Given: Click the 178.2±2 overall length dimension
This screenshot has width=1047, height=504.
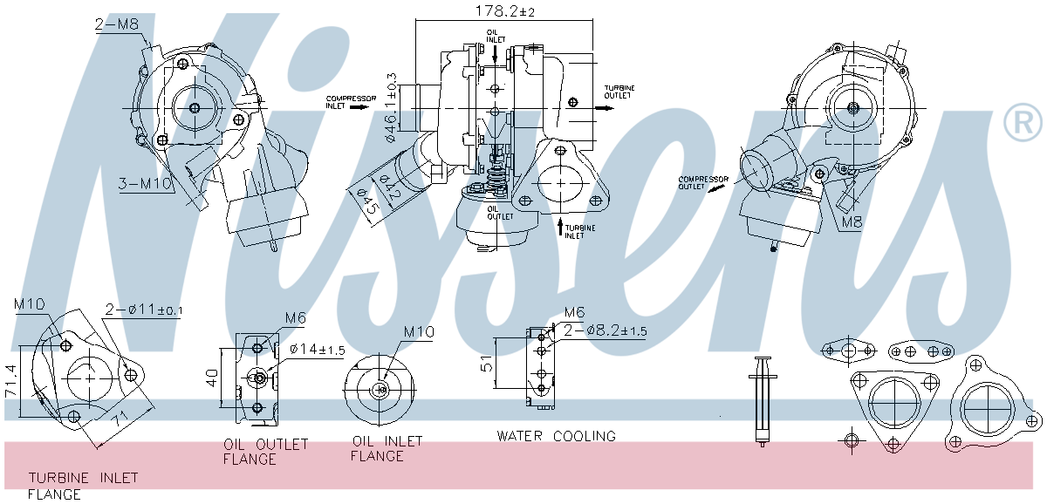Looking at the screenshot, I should [x=504, y=11].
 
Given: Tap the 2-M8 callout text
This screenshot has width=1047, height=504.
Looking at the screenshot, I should [x=117, y=25].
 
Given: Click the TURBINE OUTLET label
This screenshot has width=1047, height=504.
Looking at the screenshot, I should [x=620, y=93].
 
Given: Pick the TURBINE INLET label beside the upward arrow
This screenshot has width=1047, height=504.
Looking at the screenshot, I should [x=580, y=231].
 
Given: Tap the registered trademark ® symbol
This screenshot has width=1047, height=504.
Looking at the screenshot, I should [x=1023, y=123].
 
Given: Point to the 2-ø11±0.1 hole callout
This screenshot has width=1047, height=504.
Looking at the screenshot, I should [x=144, y=310].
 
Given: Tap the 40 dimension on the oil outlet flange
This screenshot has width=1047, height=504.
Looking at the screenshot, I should [x=212, y=378].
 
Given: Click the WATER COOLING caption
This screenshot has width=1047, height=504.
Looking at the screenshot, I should [x=556, y=436].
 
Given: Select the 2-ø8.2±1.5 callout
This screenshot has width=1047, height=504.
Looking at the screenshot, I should [x=605, y=330].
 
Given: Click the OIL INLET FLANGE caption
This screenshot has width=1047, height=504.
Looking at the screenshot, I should [x=387, y=448].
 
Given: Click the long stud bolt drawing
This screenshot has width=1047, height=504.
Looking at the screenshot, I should [x=763, y=401].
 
